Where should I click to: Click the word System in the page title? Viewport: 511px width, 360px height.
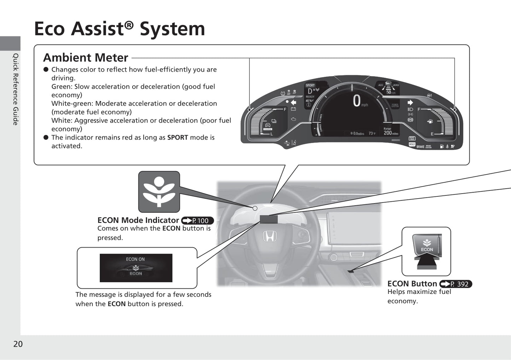(x=172, y=29)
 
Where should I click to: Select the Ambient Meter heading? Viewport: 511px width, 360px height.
(x=86, y=58)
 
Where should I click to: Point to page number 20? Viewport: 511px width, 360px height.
(x=18, y=344)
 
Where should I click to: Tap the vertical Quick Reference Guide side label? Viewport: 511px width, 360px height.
(x=16, y=89)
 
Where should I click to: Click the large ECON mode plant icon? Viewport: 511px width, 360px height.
(x=159, y=192)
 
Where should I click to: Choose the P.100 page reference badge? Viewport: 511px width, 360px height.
(x=197, y=221)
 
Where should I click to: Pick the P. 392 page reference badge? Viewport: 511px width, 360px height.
(x=455, y=284)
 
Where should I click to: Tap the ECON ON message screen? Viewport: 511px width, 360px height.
(x=136, y=268)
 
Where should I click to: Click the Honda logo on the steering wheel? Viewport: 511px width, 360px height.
(x=269, y=236)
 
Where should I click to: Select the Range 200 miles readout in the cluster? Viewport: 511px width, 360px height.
(x=390, y=131)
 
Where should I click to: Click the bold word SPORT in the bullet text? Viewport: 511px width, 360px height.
(x=178, y=137)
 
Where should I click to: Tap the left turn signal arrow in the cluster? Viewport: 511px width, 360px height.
(x=293, y=103)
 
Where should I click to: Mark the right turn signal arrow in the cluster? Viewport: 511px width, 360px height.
(x=410, y=102)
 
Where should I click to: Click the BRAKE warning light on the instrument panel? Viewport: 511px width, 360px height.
(x=420, y=147)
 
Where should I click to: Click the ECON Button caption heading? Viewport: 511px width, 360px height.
(x=412, y=284)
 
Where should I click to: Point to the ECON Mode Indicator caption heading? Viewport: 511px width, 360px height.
(x=138, y=220)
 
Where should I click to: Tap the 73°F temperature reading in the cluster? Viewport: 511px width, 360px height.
(x=372, y=134)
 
